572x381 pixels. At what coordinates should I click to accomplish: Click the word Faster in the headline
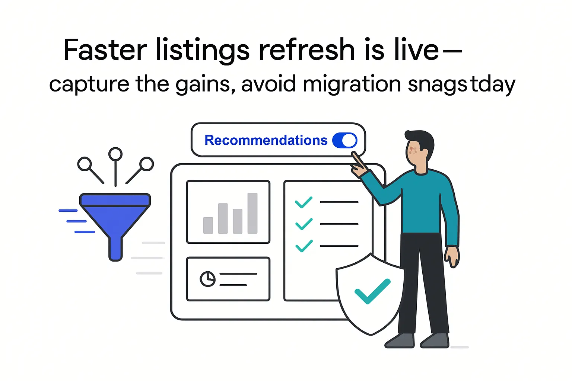105,50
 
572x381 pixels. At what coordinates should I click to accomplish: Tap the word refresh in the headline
306,50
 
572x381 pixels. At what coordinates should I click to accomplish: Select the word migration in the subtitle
352,84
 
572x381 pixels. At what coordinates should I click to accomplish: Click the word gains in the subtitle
205,85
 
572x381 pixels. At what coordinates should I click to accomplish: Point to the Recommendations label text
266,140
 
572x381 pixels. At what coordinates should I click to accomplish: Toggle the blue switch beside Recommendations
344,140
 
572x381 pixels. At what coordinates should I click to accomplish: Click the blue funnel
115,220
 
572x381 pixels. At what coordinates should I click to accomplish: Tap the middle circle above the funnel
115,154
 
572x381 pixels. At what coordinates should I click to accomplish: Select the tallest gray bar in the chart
252,213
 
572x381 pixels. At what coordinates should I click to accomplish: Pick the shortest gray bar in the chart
208,225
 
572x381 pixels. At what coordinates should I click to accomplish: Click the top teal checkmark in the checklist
304,202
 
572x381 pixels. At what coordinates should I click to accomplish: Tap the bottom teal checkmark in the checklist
304,246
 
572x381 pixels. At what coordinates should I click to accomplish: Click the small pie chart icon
207,279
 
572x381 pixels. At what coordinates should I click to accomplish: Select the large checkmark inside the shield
372,291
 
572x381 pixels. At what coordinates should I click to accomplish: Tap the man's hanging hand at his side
452,257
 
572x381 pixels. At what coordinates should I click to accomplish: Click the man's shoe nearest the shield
400,340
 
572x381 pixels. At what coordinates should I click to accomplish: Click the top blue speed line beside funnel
68,211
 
